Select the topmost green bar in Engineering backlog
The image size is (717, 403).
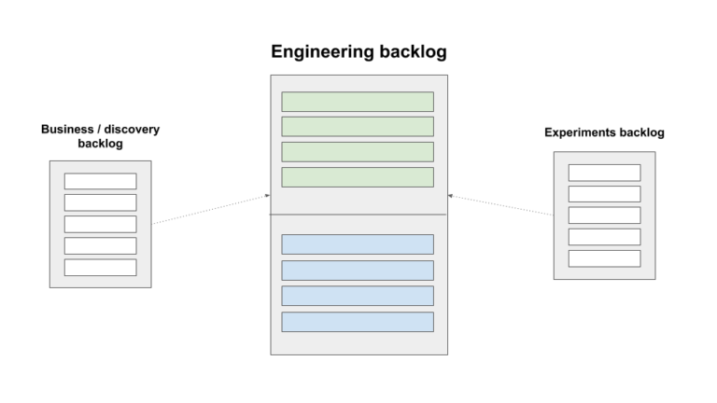(358, 102)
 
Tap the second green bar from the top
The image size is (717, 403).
(358, 127)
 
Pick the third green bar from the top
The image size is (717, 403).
(358, 152)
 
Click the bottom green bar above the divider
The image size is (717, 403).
(358, 177)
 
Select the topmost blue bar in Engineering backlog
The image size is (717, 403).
(358, 244)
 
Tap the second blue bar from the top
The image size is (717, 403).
(358, 271)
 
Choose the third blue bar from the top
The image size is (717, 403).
(358, 296)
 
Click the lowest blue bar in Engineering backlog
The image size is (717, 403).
(358, 322)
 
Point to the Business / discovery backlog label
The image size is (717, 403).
(100, 136)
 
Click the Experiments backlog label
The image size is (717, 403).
(604, 132)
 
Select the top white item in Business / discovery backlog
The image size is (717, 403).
(100, 181)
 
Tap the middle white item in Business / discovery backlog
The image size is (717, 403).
(100, 224)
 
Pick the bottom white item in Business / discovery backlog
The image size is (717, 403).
(100, 267)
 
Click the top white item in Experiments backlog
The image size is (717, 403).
(604, 173)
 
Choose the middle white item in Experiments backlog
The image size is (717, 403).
(604, 215)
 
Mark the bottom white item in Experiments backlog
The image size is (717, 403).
(604, 258)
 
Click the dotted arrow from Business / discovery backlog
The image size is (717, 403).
(210, 210)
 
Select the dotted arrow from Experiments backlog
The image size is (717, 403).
(500, 205)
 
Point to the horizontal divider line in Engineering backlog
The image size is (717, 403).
(358, 215)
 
